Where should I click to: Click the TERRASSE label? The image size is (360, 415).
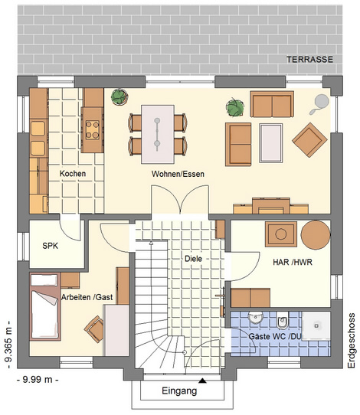coord(309,59)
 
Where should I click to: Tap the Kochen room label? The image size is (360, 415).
coord(73,174)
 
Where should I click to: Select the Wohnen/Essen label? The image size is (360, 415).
coord(178,174)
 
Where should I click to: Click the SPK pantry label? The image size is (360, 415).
coord(51,246)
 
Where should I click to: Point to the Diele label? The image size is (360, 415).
coord(193,259)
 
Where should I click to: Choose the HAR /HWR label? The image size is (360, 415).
coord(293,262)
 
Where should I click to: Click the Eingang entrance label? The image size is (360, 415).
coord(179,390)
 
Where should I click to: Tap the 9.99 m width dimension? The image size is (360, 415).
coord(38,380)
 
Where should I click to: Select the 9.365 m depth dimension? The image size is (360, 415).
coord(8,345)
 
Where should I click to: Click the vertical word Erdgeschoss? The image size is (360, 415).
coord(352,341)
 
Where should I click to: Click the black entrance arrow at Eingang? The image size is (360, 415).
coord(202,381)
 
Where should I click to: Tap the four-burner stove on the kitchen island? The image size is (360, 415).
coord(93,129)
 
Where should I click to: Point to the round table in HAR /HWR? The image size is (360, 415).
coord(316,235)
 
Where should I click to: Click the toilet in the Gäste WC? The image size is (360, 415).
coord(281,320)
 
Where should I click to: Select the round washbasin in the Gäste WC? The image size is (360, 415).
coord(255,318)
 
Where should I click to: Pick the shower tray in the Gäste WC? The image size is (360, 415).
coord(316,326)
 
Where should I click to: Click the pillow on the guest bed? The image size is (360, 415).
coord(44,280)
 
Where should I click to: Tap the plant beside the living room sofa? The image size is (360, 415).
coord(235,107)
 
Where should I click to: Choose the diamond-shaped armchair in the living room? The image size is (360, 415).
coord(309,140)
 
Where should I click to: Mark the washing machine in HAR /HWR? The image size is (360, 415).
coord(281,234)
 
